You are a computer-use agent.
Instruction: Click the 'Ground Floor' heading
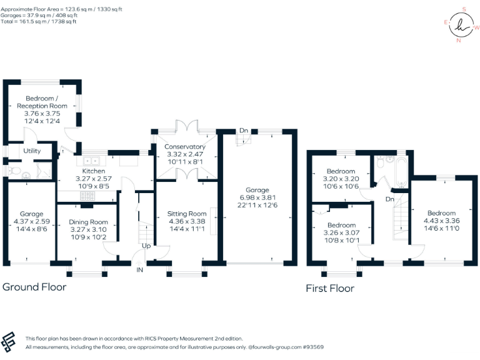click(x=34, y=287)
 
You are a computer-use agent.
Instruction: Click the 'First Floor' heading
click(x=329, y=288)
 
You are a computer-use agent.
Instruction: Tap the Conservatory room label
click(x=184, y=147)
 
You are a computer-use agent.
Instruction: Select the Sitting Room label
click(x=187, y=214)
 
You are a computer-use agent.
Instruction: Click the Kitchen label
click(x=94, y=171)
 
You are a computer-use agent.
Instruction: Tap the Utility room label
click(x=32, y=151)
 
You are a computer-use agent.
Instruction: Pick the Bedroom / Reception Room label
click(x=41, y=102)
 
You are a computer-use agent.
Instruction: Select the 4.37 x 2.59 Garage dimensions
click(x=31, y=221)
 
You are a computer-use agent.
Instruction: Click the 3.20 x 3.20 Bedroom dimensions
click(x=341, y=178)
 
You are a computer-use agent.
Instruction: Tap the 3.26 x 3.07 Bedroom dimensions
click(x=341, y=232)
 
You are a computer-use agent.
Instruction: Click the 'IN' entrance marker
click(x=141, y=270)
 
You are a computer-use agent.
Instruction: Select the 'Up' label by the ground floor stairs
click(x=146, y=246)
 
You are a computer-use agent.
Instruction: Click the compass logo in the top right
click(x=462, y=24)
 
